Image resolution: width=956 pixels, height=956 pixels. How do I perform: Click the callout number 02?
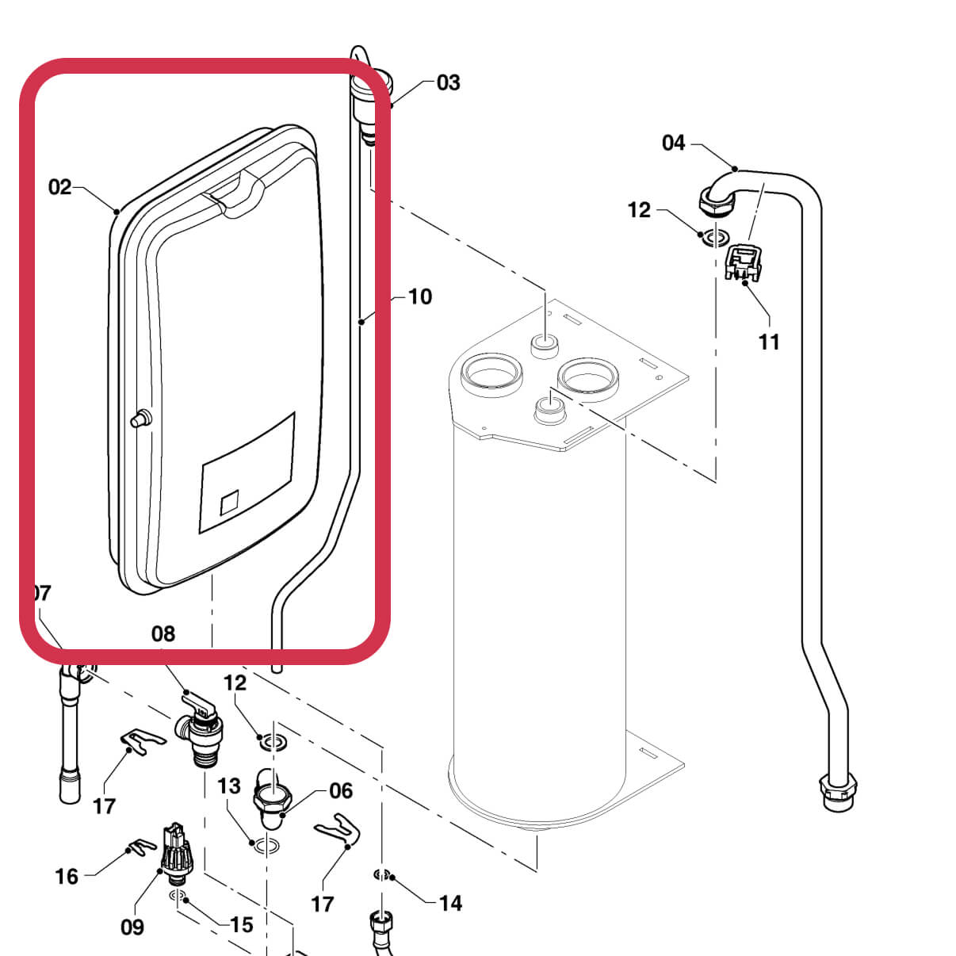pyautogui.click(x=59, y=187)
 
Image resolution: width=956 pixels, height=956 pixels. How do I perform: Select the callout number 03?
pyautogui.click(x=448, y=82)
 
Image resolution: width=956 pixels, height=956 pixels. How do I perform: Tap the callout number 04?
pyautogui.click(x=673, y=143)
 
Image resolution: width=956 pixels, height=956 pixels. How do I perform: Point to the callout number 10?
pyautogui.click(x=419, y=296)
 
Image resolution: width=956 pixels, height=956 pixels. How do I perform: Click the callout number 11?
pyautogui.click(x=769, y=342)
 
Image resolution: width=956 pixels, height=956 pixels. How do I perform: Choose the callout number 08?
pyautogui.click(x=163, y=633)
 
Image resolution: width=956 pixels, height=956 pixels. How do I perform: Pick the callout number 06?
pyautogui.click(x=341, y=790)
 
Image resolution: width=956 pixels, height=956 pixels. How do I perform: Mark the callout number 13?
pyautogui.click(x=228, y=786)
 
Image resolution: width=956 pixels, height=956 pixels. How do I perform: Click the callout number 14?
pyautogui.click(x=450, y=903)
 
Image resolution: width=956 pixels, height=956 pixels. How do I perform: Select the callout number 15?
pyautogui.click(x=242, y=924)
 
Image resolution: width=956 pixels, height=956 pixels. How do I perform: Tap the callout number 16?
pyautogui.click(x=67, y=876)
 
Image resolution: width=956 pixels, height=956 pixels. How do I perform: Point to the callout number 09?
pyautogui.click(x=132, y=927)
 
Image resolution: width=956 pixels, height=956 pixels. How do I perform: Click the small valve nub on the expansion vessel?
pyautogui.click(x=140, y=419)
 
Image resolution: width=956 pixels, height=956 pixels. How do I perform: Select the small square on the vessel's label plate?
pyautogui.click(x=229, y=503)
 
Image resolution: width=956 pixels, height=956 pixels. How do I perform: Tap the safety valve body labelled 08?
pyautogui.click(x=203, y=733)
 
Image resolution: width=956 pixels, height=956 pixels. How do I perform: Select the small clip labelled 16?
pyautogui.click(x=143, y=847)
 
